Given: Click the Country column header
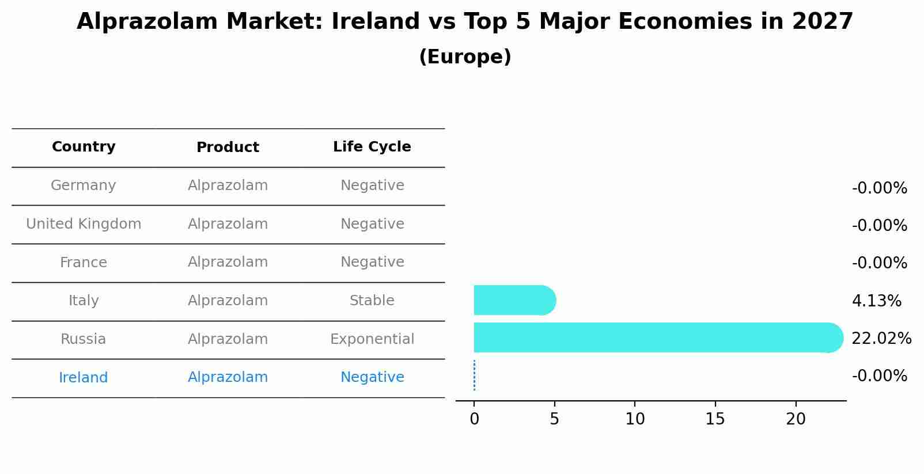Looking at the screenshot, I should (x=84, y=147).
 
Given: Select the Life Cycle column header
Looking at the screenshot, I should (x=372, y=147).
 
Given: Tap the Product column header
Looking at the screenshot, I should (x=228, y=147).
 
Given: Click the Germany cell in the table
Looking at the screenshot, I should (x=84, y=185).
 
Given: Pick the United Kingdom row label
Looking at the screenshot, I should (x=84, y=224).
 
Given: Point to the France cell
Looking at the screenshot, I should (x=84, y=263).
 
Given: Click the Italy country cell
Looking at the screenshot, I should (x=84, y=301).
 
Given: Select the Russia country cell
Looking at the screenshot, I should (x=84, y=339).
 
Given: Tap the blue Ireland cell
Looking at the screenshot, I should (x=84, y=378).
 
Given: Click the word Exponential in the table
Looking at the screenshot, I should (x=372, y=339).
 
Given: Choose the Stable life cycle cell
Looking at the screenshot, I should (x=372, y=301).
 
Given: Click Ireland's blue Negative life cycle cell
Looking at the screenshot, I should (x=372, y=377).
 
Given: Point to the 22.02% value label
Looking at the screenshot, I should (x=881, y=339).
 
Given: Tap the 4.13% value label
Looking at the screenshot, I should (x=876, y=301).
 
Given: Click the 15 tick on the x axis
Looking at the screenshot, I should (x=715, y=419).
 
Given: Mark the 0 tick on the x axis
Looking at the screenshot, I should (x=474, y=419).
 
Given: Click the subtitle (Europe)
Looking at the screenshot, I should (x=465, y=57).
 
